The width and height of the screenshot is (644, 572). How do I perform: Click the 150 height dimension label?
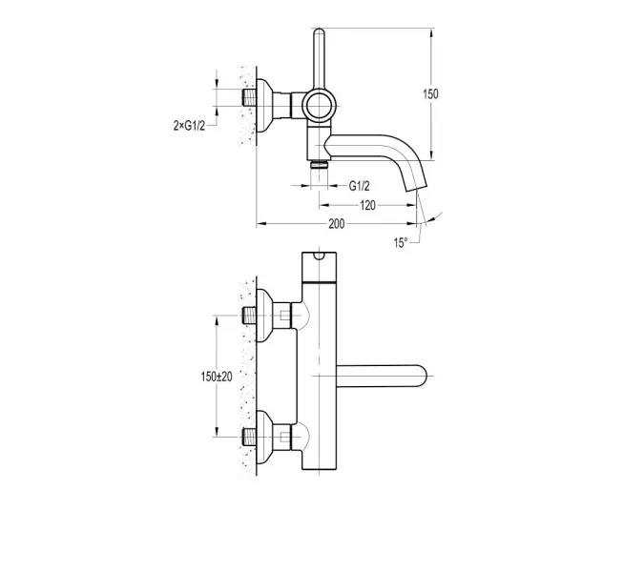click(x=430, y=94)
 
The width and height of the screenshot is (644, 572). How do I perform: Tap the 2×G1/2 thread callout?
click(x=189, y=126)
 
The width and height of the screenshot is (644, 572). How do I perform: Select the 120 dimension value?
click(x=367, y=205)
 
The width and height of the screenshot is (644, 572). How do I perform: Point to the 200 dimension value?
click(x=337, y=224)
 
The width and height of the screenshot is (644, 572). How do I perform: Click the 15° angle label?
click(x=401, y=242)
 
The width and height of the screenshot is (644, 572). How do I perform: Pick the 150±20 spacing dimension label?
click(x=217, y=377)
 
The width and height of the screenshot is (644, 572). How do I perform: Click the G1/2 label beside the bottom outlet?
click(x=360, y=186)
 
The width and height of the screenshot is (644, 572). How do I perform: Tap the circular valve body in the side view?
click(x=319, y=105)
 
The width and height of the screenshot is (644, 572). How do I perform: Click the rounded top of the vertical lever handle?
click(x=319, y=31)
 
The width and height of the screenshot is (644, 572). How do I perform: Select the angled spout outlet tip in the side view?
click(x=417, y=186)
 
